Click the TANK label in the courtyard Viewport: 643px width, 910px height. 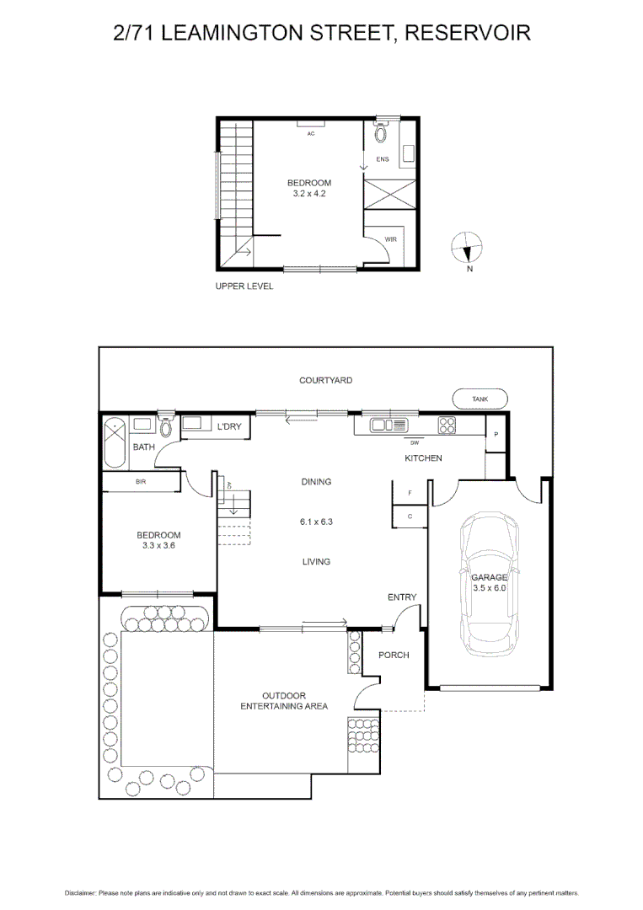tap(480, 399)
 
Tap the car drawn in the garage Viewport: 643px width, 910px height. tap(489, 586)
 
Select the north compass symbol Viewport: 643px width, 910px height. tap(468, 249)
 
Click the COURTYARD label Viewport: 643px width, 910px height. tap(325, 381)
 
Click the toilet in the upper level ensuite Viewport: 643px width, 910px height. tap(380, 132)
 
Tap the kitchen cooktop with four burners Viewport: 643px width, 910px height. tap(447, 426)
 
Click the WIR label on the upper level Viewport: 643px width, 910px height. tap(390, 240)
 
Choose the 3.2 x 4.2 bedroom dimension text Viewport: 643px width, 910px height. tap(308, 194)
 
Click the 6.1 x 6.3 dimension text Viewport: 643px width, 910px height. tap(316, 522)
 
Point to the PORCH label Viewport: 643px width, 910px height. tap(394, 655)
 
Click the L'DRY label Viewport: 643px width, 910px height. tap(229, 427)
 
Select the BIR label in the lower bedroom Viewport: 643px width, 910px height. tap(141, 483)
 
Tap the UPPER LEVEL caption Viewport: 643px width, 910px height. tap(244, 286)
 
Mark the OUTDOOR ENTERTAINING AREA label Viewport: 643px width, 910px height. tap(284, 701)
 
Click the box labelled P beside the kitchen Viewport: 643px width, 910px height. tap(496, 435)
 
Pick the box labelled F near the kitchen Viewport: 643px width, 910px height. tap(410, 493)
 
